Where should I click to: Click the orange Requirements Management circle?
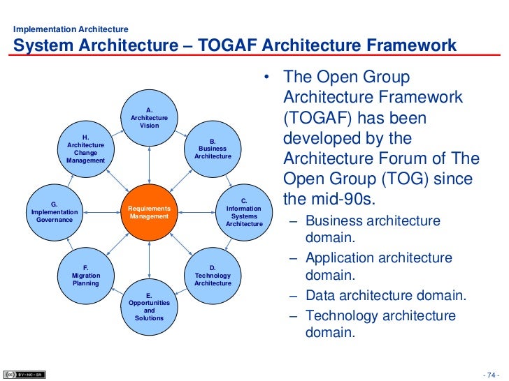149,213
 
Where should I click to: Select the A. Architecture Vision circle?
149,118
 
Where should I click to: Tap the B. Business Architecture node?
213,149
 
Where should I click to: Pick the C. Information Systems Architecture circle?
244,212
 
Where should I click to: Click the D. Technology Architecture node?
213,276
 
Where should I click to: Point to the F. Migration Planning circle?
85,276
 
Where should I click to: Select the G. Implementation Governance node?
54,212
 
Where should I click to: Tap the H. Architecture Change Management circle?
85,149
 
